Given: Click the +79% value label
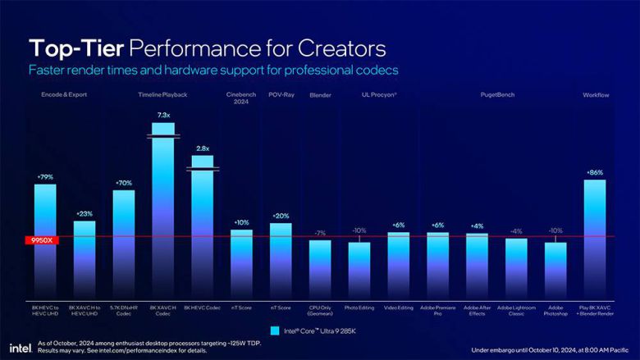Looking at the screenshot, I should [45, 176].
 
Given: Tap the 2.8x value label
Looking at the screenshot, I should [202, 148].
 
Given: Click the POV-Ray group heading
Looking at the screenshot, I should [281, 95].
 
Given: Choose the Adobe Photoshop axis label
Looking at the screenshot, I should [555, 310].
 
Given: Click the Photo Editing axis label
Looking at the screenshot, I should [359, 308].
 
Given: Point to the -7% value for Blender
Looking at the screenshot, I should [320, 233].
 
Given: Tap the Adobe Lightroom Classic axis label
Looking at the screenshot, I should [516, 310].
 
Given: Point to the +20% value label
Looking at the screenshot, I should [281, 216].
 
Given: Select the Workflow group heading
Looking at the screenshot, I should [595, 95].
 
